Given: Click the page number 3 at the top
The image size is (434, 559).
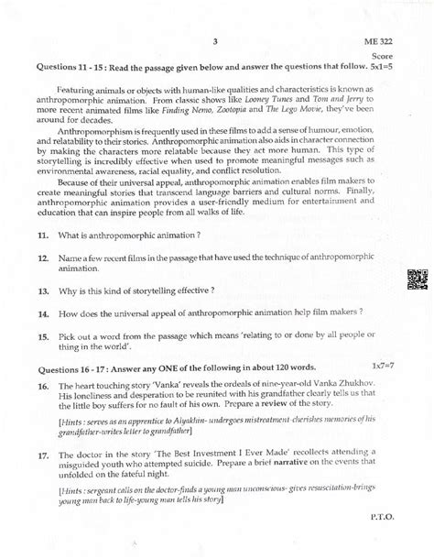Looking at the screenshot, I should pyautogui.click(x=213, y=40).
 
